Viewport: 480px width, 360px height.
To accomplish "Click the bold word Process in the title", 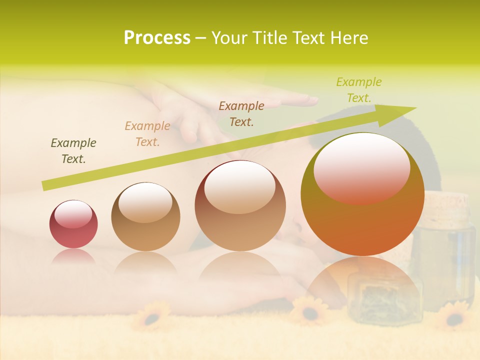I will pyautogui.click(x=157, y=38).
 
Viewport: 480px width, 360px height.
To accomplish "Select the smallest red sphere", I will pyautogui.click(x=73, y=224).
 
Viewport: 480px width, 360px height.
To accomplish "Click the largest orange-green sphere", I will pyautogui.click(x=362, y=195).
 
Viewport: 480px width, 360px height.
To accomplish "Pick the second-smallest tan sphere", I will pyautogui.click(x=145, y=217).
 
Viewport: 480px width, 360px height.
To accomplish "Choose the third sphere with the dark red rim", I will pyautogui.click(x=240, y=206).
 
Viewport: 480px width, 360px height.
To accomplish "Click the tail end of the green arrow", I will pyautogui.click(x=44, y=186).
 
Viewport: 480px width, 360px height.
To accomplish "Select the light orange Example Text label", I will pyautogui.click(x=147, y=134).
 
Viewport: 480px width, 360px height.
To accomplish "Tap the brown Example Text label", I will pyautogui.click(x=241, y=114).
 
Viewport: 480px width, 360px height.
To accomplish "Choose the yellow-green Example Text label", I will pyautogui.click(x=359, y=90).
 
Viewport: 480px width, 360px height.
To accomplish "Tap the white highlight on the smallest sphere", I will pyautogui.click(x=73, y=214).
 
